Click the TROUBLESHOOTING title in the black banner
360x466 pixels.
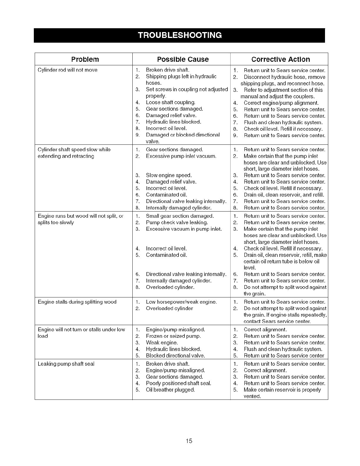point(180,35)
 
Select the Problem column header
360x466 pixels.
point(85,59)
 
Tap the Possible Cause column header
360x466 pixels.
point(183,59)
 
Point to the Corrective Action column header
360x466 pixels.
point(280,59)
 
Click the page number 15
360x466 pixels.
point(189,441)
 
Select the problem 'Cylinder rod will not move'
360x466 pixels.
point(68,70)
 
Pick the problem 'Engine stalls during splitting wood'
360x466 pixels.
point(77,302)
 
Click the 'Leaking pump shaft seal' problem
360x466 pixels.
point(66,364)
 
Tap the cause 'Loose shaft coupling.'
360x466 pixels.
point(171,102)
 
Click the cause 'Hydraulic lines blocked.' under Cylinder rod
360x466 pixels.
point(174,122)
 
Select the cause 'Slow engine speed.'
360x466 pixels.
point(169,175)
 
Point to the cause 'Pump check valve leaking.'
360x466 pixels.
point(177,222)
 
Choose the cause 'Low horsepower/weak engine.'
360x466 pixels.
point(181,302)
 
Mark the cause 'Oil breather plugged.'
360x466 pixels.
point(170,390)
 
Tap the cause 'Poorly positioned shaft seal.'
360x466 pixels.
point(179,383)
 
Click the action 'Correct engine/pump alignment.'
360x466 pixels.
point(281,103)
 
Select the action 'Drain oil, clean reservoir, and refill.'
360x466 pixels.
point(284,195)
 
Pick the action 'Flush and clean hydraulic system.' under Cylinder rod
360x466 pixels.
point(283,122)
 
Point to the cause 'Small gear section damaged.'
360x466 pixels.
point(180,216)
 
